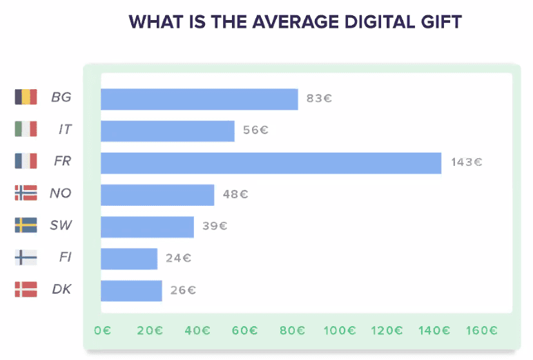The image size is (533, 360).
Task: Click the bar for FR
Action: click(x=271, y=163)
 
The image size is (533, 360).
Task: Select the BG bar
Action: click(x=199, y=99)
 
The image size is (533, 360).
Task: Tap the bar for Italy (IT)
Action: click(x=167, y=131)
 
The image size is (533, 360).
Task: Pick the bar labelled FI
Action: click(x=128, y=258)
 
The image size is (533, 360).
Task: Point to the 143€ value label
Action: click(x=467, y=162)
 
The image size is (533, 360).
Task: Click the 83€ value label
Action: click(x=319, y=98)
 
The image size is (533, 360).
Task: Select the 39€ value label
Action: click(x=215, y=226)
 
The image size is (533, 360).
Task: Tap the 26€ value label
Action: click(x=183, y=290)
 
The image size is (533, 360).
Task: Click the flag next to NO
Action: click(x=26, y=193)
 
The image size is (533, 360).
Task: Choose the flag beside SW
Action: click(x=26, y=225)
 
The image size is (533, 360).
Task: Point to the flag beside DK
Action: click(x=26, y=290)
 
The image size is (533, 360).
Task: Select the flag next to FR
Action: click(x=26, y=162)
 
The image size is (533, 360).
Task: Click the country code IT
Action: click(x=64, y=130)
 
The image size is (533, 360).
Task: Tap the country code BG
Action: click(x=61, y=98)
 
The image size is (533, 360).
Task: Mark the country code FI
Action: click(x=65, y=258)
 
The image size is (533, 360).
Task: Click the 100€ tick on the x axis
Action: click(x=339, y=330)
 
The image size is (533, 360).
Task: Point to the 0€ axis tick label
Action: click(x=102, y=330)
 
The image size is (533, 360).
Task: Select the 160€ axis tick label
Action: click(x=482, y=330)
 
